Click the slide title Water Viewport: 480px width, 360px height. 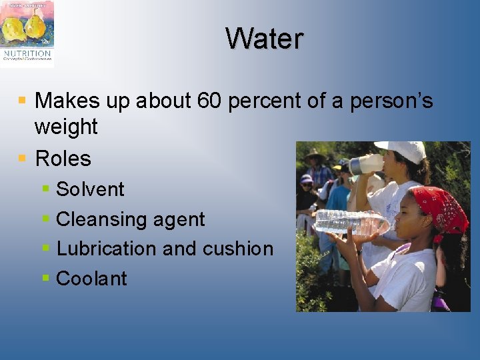click(264, 39)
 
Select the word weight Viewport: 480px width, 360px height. click(66, 127)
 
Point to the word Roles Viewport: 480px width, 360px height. click(63, 159)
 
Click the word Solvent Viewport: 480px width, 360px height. click(90, 189)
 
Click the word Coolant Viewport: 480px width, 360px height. click(91, 279)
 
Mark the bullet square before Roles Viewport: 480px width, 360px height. click(22, 159)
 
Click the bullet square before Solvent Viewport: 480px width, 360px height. click(45, 189)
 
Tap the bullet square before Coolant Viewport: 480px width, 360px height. click(45, 278)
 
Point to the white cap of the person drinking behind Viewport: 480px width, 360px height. click(402, 150)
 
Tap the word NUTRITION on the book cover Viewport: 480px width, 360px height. click(27, 53)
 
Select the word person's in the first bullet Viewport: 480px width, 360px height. click(393, 101)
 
